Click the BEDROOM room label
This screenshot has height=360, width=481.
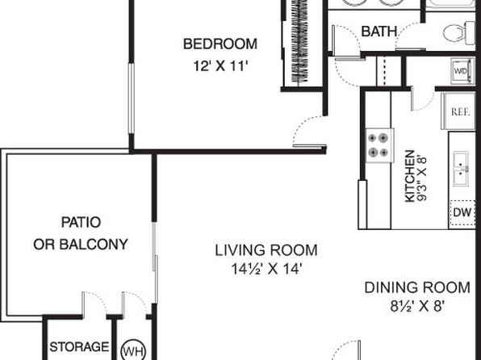coord(220,44)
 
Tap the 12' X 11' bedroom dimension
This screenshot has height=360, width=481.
coord(220,66)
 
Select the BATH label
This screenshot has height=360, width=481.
coord(379,31)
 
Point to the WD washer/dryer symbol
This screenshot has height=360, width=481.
coord(462,71)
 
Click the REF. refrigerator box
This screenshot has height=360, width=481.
coord(458,111)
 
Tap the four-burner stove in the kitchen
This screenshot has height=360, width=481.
coord(379,145)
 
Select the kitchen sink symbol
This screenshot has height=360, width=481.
coord(461,169)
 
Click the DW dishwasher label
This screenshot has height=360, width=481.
coord(462,212)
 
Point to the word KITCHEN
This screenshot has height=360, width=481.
coord(410,176)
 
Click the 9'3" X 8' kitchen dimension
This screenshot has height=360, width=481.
coord(422,178)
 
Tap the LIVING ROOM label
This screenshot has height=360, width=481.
coord(266,250)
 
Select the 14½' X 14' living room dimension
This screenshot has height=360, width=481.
coord(266,269)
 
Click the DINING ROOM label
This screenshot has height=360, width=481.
coord(417,287)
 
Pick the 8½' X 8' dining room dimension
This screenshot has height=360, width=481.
coord(417,306)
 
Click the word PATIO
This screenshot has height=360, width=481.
coord(81,222)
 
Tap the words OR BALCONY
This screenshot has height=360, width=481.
coord(81,245)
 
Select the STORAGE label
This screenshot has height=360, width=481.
coord(79,347)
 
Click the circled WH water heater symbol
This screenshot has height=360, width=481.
coord(133,350)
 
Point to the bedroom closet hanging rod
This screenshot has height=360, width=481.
coord(299,41)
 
